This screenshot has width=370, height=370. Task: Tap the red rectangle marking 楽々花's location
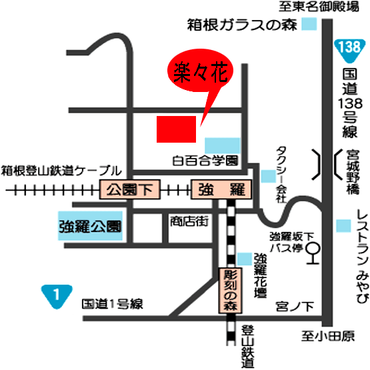(x=176, y=129)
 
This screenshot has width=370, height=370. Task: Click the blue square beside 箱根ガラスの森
(x=310, y=24)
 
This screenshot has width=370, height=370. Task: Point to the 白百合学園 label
(x=205, y=161)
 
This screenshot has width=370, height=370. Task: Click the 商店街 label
(x=189, y=220)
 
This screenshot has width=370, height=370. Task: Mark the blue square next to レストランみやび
(x=343, y=225)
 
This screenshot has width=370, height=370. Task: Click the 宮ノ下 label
(x=294, y=306)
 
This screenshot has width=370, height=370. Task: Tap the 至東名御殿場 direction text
(x=317, y=7)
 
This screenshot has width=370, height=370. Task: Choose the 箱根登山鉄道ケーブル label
(x=61, y=169)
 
